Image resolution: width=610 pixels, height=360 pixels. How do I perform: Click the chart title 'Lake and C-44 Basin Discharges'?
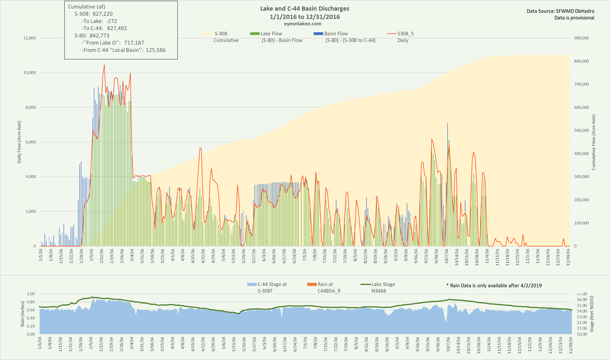pos(304,9)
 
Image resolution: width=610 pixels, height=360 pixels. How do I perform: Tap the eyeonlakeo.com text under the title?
pos(304,24)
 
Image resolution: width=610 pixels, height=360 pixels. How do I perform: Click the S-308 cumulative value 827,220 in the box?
pos(103,14)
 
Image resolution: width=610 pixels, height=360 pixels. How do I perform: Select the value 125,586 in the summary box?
pos(155,50)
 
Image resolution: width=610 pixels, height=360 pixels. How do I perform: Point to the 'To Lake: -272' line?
pos(99,21)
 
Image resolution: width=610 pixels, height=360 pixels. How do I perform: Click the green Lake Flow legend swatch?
pos(255,34)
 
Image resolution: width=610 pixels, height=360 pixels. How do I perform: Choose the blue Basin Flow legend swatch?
pos(318,34)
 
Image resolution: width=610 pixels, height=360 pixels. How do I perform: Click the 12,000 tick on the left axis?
pos(30,38)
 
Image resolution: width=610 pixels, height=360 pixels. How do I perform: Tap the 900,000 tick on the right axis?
pos(581,38)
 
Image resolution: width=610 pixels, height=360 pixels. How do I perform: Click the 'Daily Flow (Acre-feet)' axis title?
pos(19,142)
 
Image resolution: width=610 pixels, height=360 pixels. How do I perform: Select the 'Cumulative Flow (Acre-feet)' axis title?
pos(593,142)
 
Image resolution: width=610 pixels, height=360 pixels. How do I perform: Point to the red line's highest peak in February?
pos(104,65)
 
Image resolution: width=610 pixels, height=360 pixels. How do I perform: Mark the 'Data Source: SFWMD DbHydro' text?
pos(560,11)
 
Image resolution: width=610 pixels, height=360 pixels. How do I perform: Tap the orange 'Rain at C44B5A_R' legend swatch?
pos(311,284)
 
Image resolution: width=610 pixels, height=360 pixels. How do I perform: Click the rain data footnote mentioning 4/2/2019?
pos(494,286)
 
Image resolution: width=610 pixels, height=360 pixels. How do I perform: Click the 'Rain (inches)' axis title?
pos(23,314)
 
